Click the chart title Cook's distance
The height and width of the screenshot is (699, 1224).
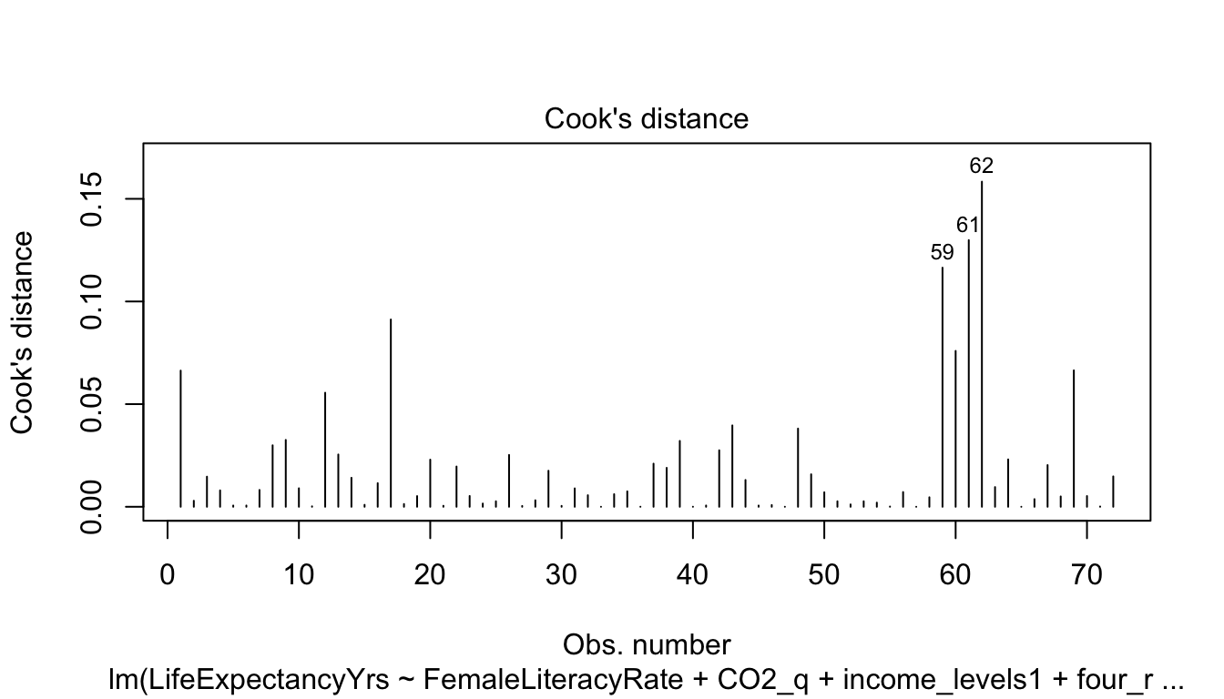pyautogui.click(x=646, y=118)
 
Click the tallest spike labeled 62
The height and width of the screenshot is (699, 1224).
pyautogui.click(x=982, y=346)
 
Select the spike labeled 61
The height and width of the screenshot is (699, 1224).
pyautogui.click(x=968, y=373)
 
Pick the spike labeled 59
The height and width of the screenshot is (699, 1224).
pyautogui.click(x=943, y=387)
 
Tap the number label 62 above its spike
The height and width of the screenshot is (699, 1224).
pyautogui.click(x=981, y=167)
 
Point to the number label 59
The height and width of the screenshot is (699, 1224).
pyautogui.click(x=942, y=253)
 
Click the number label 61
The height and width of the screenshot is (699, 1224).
pyautogui.click(x=967, y=225)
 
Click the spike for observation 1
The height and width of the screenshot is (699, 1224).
pyautogui.click(x=180, y=438)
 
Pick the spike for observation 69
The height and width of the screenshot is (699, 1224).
pyautogui.click(x=1074, y=438)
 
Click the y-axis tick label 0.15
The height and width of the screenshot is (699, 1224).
pyautogui.click(x=93, y=198)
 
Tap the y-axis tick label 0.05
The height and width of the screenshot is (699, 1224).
pyautogui.click(x=93, y=404)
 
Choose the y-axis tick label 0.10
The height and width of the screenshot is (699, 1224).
pyautogui.click(x=93, y=301)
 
